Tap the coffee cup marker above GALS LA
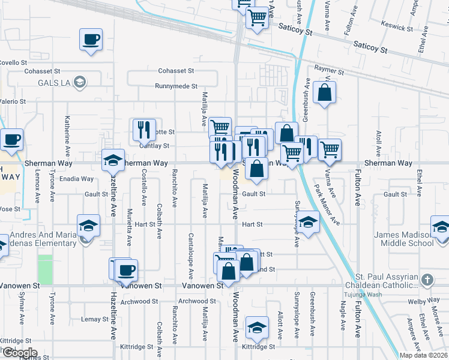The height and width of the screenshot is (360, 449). click(91, 41)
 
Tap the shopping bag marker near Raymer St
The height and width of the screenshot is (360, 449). click(324, 93)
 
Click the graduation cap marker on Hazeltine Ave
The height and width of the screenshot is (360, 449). click(112, 161)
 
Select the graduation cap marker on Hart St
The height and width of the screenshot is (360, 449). click(308, 224)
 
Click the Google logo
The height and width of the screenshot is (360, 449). click(19, 353)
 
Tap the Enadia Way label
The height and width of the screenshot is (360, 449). click(76, 179)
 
